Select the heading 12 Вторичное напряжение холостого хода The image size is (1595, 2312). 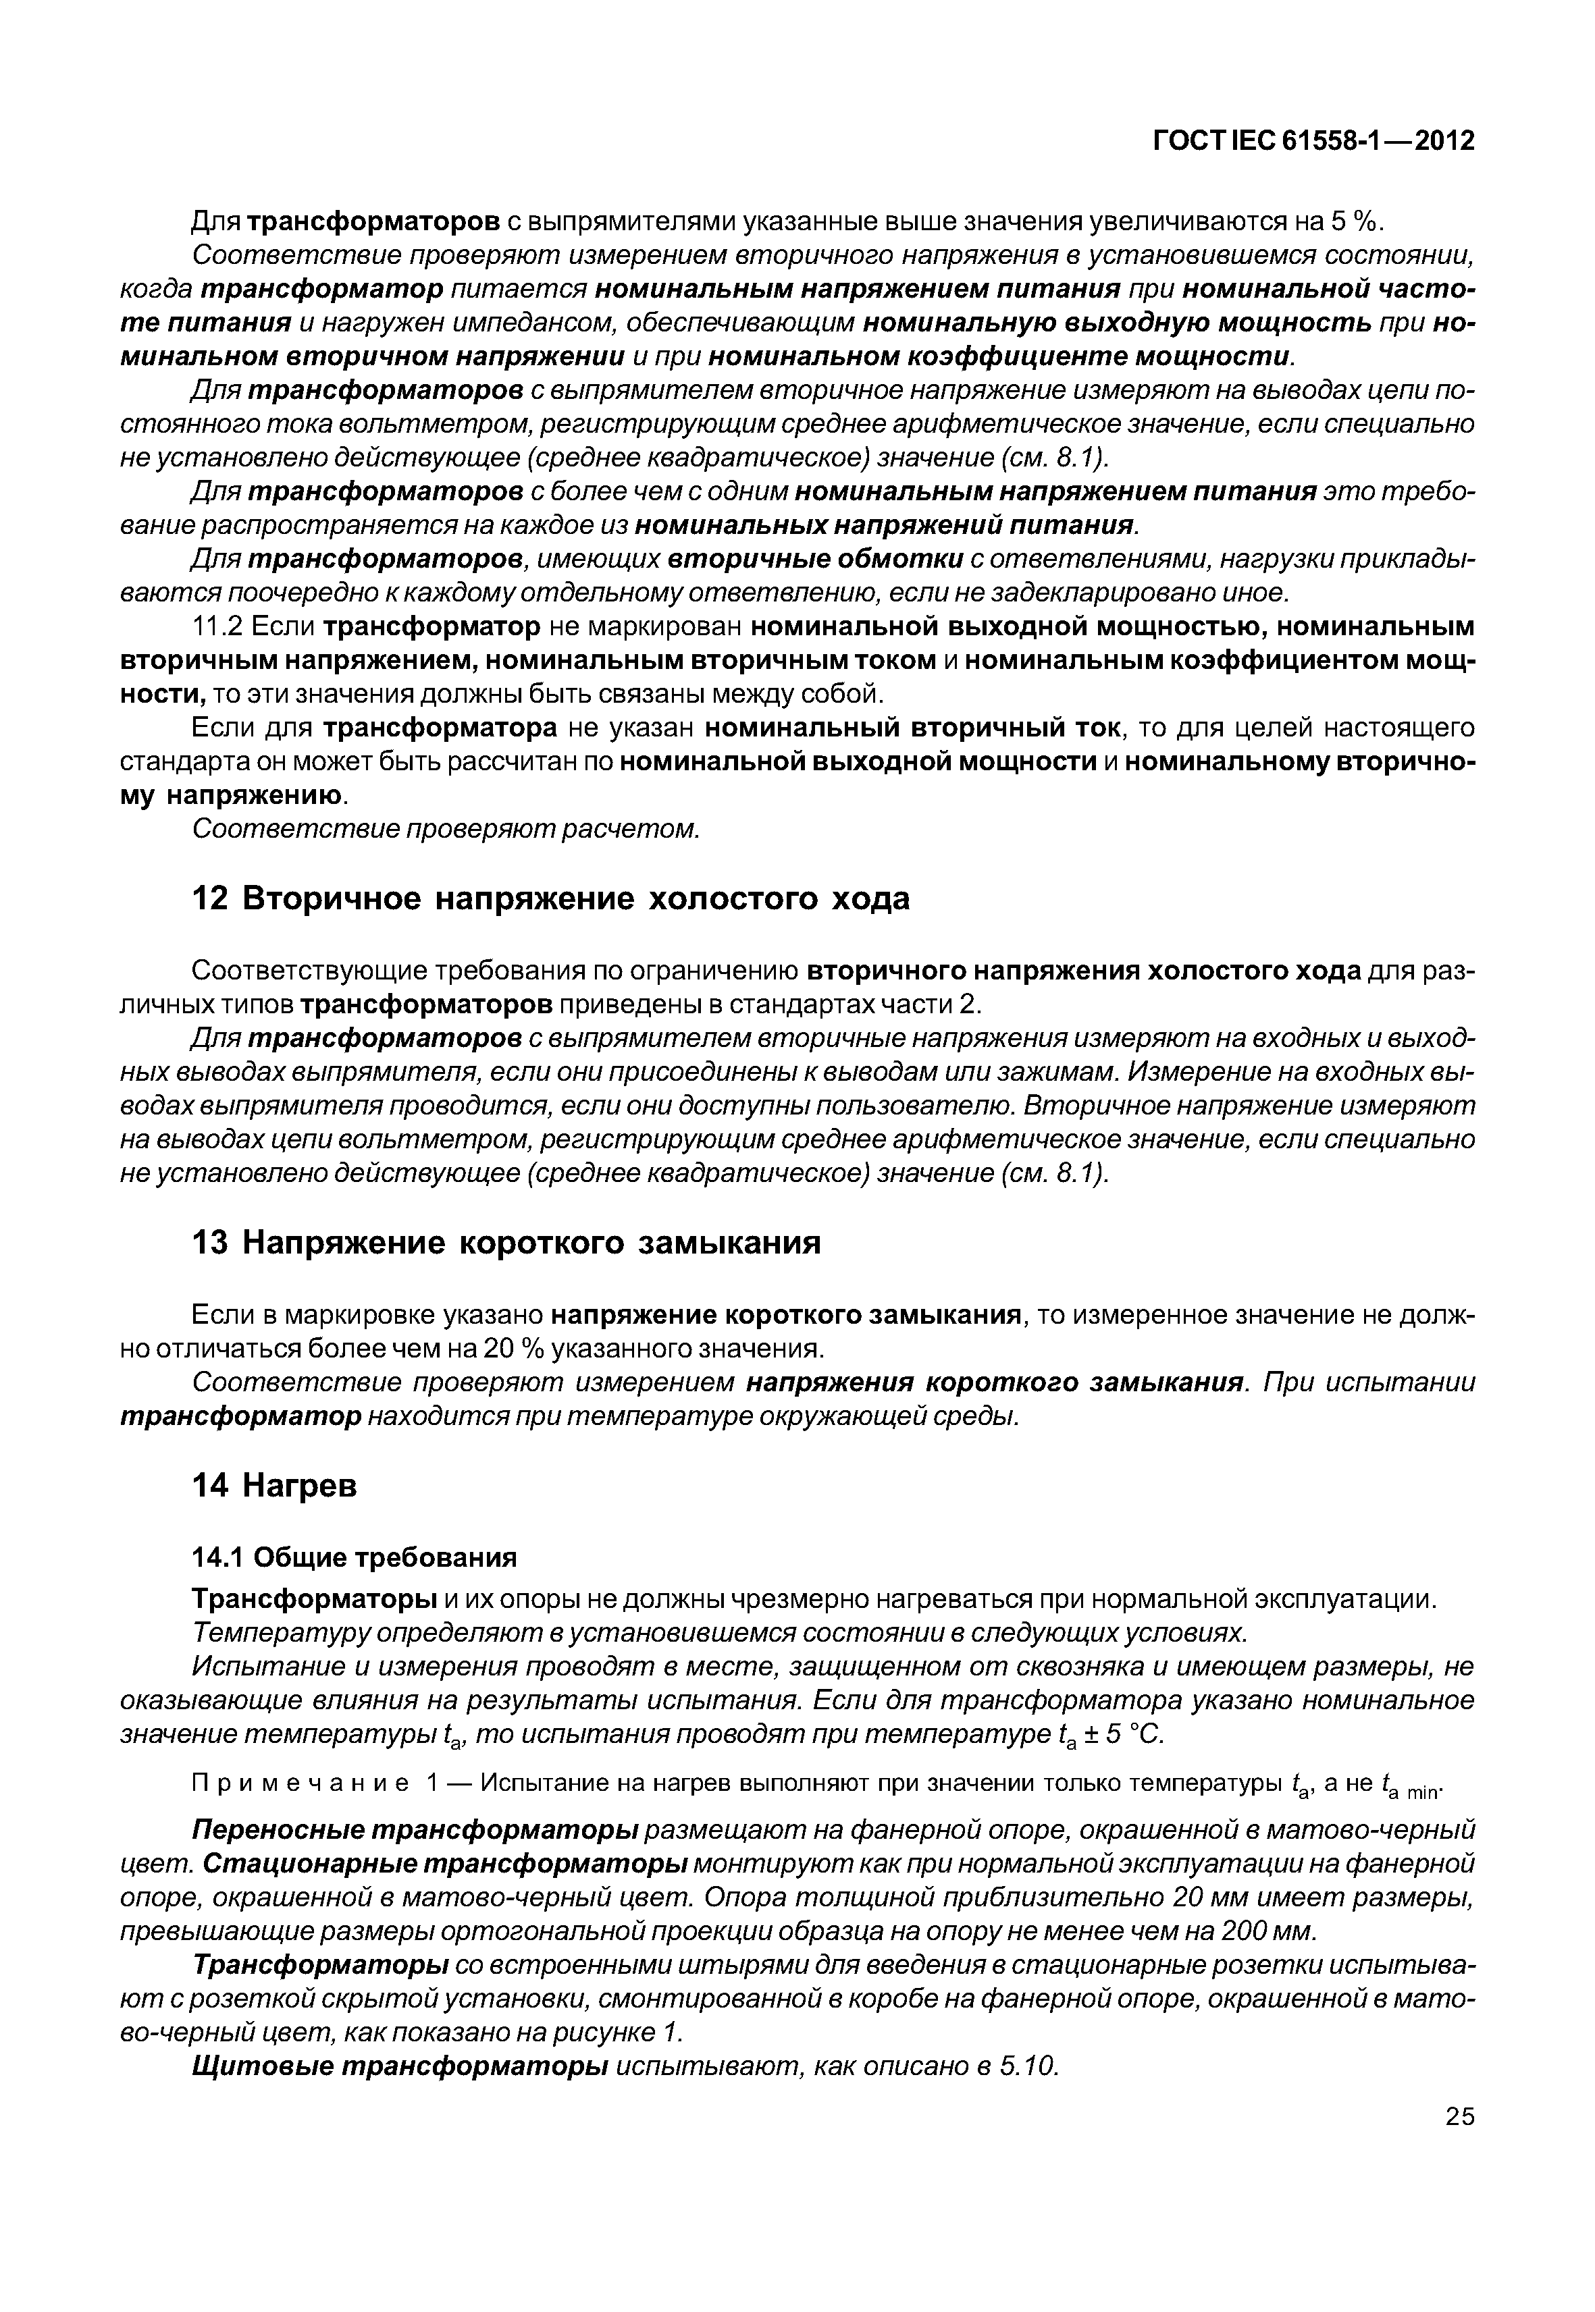pyautogui.click(x=550, y=898)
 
